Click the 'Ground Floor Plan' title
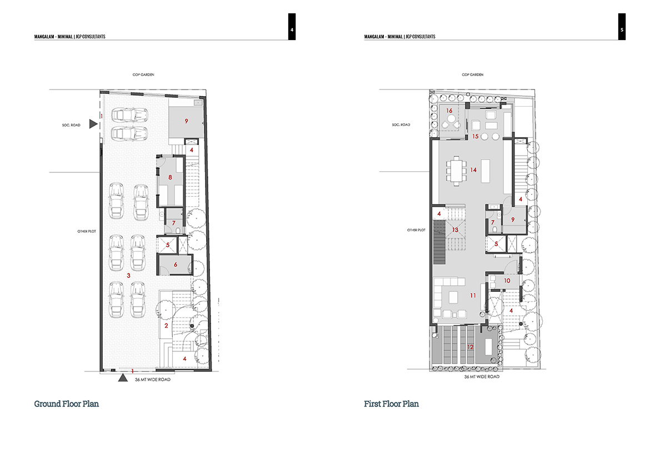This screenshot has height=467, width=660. click(67, 404)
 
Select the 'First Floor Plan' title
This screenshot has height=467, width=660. click(392, 404)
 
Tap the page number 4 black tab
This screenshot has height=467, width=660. click(292, 27)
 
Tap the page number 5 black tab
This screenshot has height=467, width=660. click(622, 27)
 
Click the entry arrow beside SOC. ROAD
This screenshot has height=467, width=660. click(93, 124)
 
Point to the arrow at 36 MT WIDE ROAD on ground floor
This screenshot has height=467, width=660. click(122, 377)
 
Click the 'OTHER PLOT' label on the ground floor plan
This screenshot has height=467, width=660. click(87, 231)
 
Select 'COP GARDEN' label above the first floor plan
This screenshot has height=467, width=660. click(473, 74)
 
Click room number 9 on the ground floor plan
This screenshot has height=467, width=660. click(187, 121)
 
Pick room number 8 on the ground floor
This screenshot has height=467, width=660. click(170, 177)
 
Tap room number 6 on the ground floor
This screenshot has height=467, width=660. click(176, 265)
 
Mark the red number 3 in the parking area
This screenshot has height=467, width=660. click(128, 275)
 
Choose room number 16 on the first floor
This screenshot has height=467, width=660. click(449, 111)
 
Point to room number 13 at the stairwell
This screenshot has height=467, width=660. click(455, 230)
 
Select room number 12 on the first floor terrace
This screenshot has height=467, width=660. click(470, 347)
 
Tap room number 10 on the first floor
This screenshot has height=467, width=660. click(507, 280)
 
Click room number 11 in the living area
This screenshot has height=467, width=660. click(473, 296)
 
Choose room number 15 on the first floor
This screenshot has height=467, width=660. click(475, 136)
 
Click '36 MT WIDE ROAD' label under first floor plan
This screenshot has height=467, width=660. click(482, 376)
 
